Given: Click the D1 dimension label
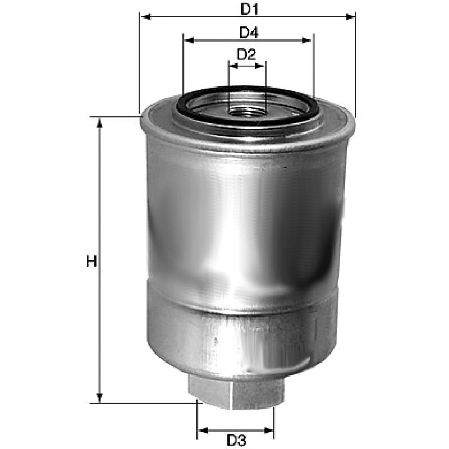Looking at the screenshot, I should click(x=248, y=9).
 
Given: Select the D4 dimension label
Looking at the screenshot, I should click(x=248, y=33).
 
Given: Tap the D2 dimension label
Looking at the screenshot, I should click(x=246, y=55).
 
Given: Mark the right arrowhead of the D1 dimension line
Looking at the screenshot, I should click(x=351, y=17).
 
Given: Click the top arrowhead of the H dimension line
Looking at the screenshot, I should click(x=100, y=122).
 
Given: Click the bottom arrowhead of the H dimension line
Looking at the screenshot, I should click(x=100, y=398).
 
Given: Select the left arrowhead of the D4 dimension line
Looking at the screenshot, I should click(x=188, y=40).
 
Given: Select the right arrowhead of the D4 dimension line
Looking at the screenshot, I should click(x=308, y=40).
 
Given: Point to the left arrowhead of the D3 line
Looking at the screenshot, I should click(x=201, y=431).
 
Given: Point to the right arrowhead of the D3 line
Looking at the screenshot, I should click(x=270, y=431).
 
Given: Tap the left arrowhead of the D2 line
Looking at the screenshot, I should click(x=232, y=66).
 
